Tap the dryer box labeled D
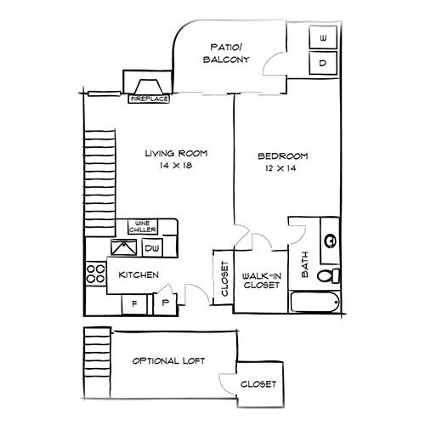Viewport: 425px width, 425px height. (324, 62)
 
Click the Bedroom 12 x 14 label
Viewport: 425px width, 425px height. (283, 162)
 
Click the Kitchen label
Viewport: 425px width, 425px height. (136, 275)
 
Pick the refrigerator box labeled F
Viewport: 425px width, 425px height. (134, 303)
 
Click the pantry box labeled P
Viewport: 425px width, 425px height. (164, 303)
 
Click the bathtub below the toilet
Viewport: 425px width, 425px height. (316, 302)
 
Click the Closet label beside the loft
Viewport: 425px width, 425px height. (257, 385)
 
